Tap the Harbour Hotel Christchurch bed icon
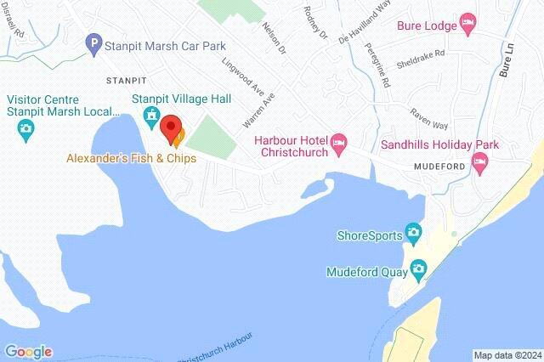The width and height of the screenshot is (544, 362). [x=339, y=140]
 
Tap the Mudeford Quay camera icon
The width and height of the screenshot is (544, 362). [x=418, y=270]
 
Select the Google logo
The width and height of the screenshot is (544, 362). [x=28, y=351]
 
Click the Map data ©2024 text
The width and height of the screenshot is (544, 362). [x=507, y=355]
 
